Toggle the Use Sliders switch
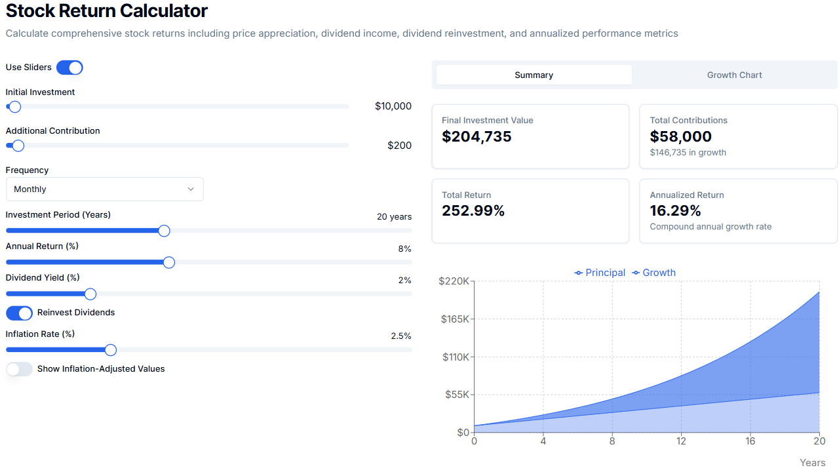tap(69, 68)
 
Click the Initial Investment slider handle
tap(14, 106)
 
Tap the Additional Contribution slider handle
tap(18, 146)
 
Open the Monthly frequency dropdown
tap(105, 189)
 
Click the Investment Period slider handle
tap(164, 231)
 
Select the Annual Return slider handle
tap(168, 262)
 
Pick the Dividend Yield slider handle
tap(90, 294)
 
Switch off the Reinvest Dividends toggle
tap(19, 313)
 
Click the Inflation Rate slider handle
tap(111, 350)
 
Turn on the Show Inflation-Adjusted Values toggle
tap(19, 369)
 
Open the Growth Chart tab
tap(734, 75)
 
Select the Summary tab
tap(534, 75)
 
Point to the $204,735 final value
tap(477, 136)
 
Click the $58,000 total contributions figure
tap(680, 136)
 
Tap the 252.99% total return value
tap(473, 211)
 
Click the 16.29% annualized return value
tap(675, 211)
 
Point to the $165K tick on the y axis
tap(454, 319)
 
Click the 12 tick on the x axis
tap(681, 441)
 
